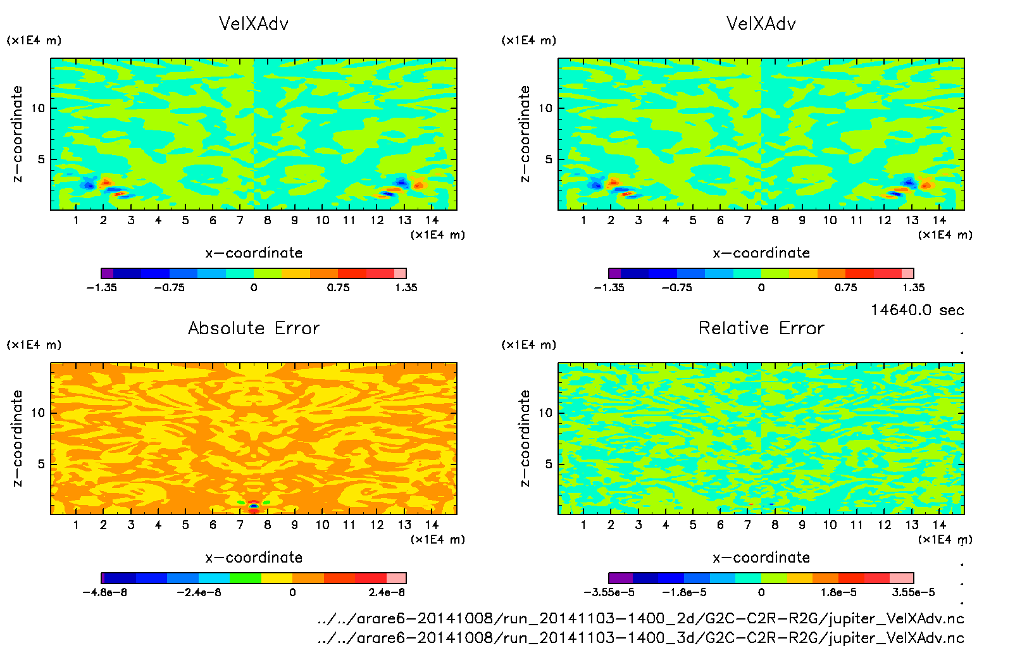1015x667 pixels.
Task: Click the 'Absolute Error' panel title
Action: pyautogui.click(x=254, y=328)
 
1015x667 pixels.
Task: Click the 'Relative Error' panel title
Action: pyautogui.click(x=761, y=328)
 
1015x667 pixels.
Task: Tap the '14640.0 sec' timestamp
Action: pyautogui.click(x=917, y=310)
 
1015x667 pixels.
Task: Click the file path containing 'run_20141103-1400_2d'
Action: pyautogui.click(x=640, y=618)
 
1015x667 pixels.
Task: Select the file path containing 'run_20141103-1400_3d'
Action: pyautogui.click(x=640, y=637)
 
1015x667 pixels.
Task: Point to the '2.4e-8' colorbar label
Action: pyautogui.click(x=387, y=592)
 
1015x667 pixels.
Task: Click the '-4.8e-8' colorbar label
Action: pyautogui.click(x=105, y=592)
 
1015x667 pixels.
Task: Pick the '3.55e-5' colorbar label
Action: pyautogui.click(x=913, y=592)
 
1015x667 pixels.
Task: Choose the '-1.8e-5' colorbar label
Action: pyautogui.click(x=684, y=592)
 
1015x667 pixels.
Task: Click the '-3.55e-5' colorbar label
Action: pyautogui.click(x=609, y=592)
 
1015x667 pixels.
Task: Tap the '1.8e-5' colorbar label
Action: pyautogui.click(x=839, y=592)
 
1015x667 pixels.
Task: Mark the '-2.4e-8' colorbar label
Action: pyautogui.click(x=199, y=592)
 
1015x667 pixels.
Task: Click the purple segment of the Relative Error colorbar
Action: pyautogui.click(x=621, y=578)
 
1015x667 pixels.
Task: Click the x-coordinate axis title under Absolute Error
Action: pyautogui.click(x=254, y=558)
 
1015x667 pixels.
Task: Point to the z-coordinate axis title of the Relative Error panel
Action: pyautogui.click(x=524, y=438)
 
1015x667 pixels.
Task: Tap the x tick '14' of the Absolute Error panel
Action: pyautogui.click(x=432, y=525)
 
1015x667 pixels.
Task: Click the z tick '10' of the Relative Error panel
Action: pyautogui.click(x=545, y=413)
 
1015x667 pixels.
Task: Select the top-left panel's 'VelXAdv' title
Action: pyautogui.click(x=254, y=23)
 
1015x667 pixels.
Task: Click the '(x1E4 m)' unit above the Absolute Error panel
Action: pyautogui.click(x=34, y=345)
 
